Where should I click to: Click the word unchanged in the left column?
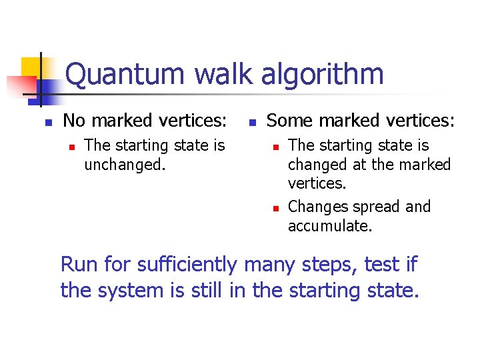pos(124,164)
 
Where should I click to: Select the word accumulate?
pos(330,226)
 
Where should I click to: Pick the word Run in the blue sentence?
pos(80,265)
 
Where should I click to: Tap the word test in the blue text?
pos(381,265)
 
